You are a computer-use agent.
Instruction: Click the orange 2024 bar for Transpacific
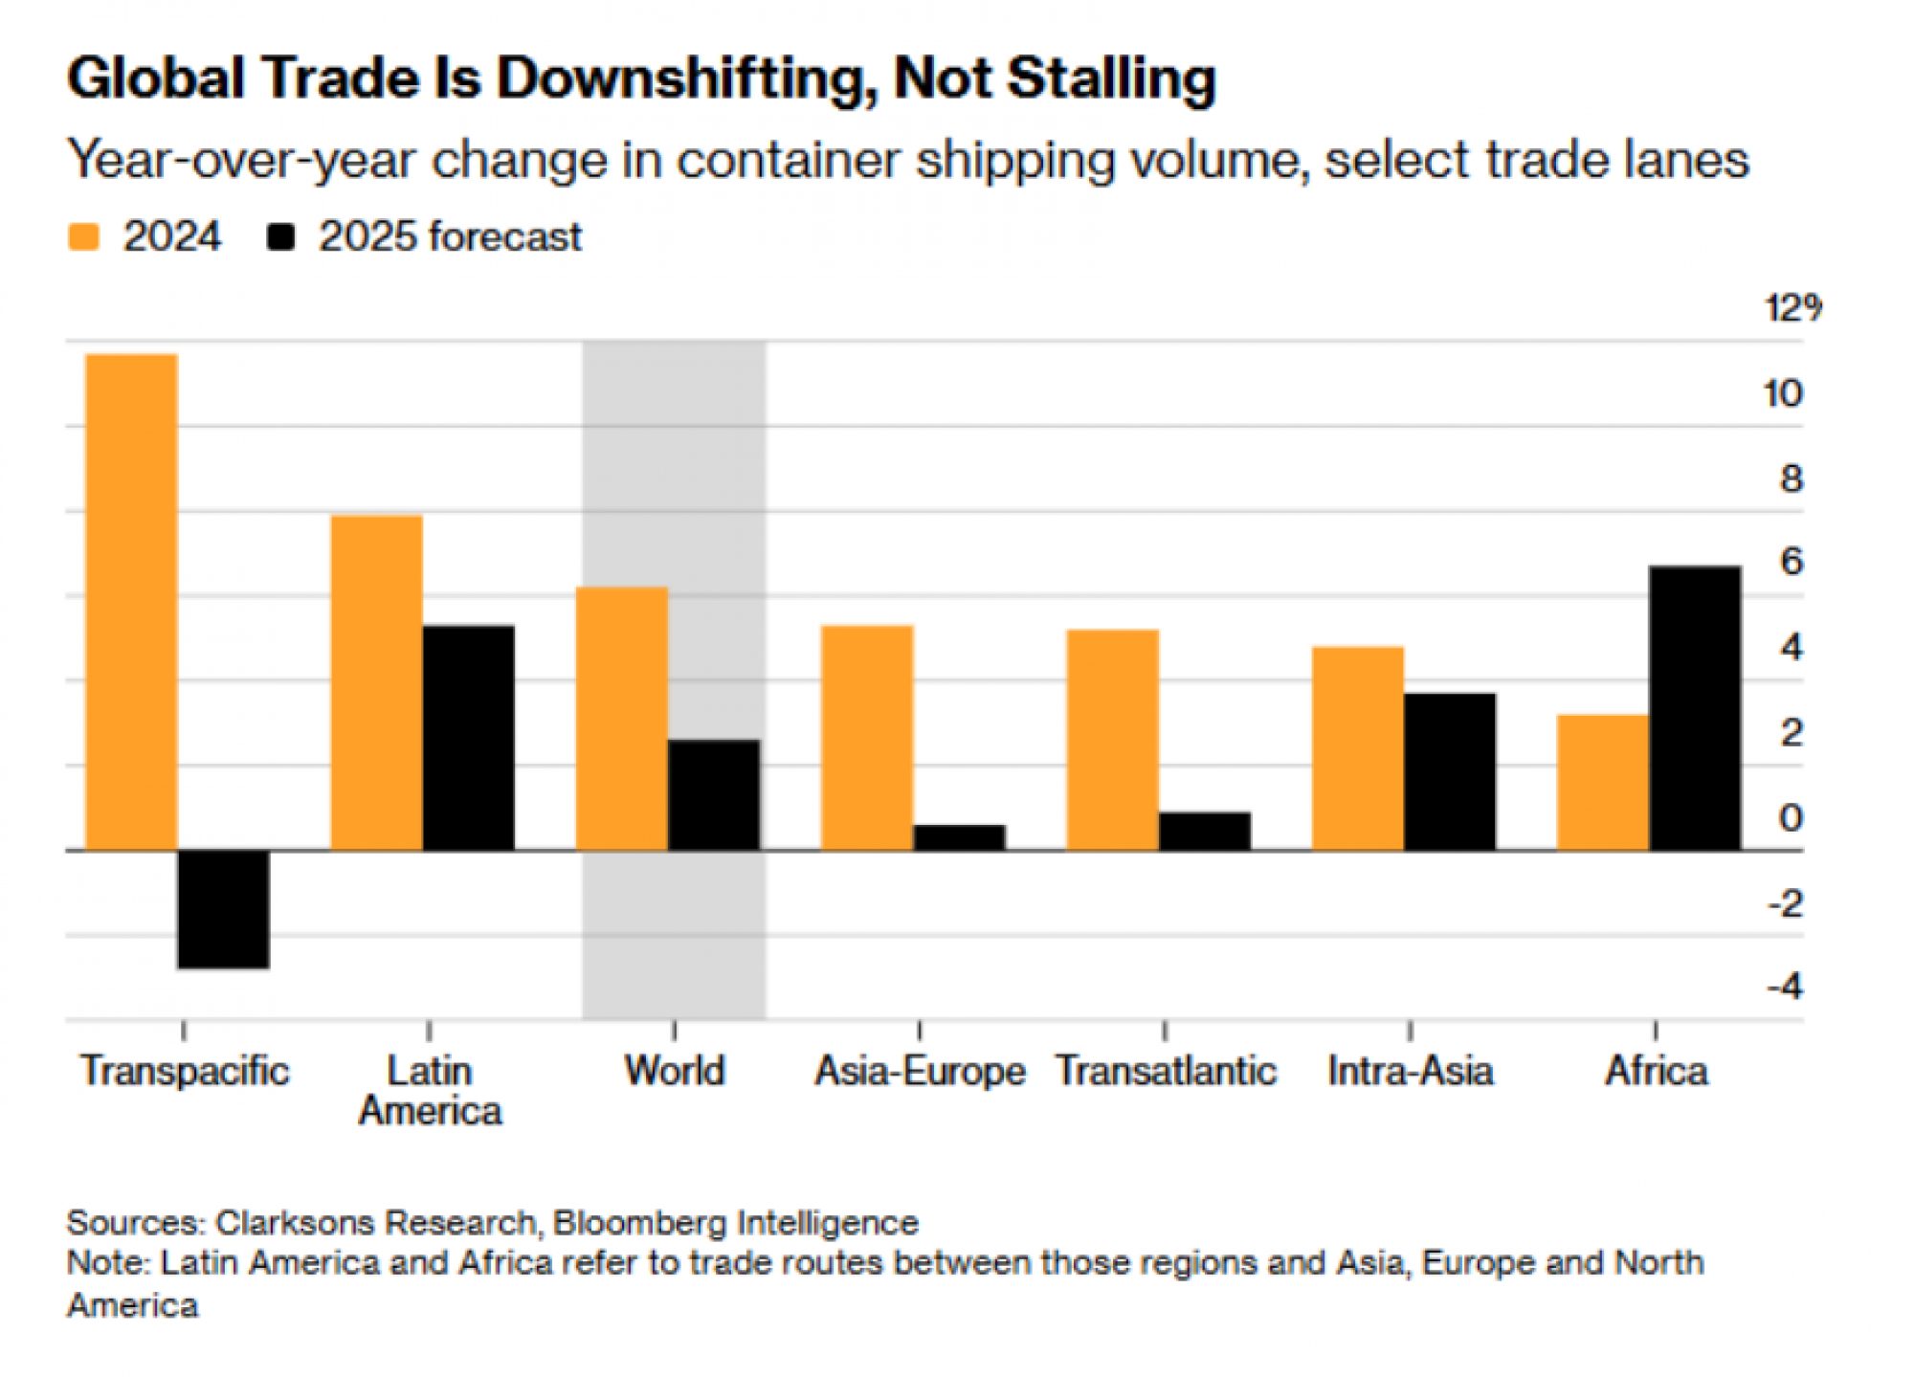132,602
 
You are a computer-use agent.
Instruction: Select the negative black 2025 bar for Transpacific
224,909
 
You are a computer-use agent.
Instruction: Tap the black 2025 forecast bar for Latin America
469,738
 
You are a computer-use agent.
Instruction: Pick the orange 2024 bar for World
622,719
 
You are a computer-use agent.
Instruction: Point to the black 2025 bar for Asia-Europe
960,837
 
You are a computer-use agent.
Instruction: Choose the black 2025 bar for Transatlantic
1205,832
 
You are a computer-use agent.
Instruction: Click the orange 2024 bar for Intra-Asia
1358,748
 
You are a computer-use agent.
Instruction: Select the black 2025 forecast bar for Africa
1696,708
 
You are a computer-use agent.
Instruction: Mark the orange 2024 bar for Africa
1603,782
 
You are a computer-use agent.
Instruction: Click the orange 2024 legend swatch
84,237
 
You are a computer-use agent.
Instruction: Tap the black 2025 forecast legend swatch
280,237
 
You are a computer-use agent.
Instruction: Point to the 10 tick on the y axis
1783,393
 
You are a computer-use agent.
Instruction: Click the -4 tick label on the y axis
1785,987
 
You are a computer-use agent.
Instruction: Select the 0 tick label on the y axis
1791,818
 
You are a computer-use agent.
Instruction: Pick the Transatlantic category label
1166,1071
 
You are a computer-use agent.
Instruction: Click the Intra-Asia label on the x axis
1410,1071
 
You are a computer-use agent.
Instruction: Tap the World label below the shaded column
675,1071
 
